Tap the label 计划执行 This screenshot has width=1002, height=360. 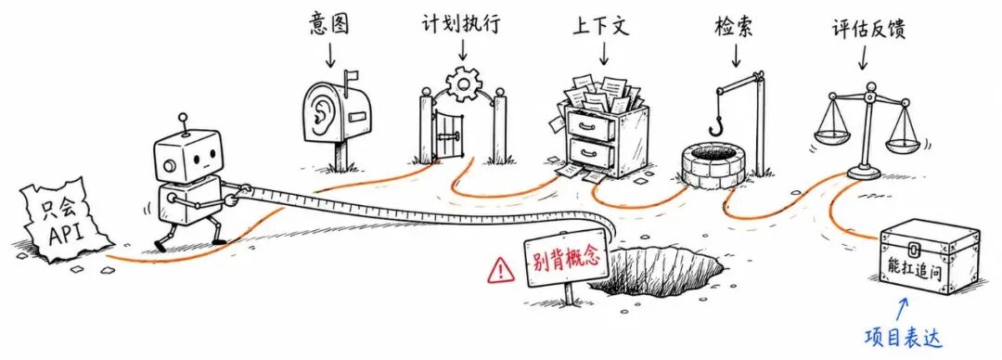tap(461, 24)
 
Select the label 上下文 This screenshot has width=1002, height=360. tap(600, 26)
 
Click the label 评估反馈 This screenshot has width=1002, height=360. tap(868, 28)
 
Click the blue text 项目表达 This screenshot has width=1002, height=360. tap(903, 338)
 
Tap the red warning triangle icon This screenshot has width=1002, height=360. tap(500, 271)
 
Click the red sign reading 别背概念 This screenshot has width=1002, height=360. tap(566, 258)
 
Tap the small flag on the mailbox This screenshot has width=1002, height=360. tap(351, 78)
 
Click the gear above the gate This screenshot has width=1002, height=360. tap(463, 84)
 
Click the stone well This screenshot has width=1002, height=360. tap(713, 165)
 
